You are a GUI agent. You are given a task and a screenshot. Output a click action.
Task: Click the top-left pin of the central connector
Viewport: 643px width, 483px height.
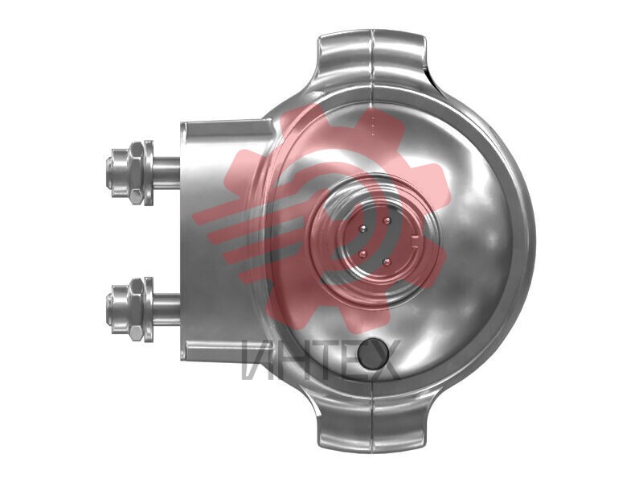point(363,229)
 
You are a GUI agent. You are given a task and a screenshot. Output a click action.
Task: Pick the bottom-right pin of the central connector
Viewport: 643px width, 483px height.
point(385,261)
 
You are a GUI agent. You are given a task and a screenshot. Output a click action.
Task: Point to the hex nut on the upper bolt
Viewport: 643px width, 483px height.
point(136,172)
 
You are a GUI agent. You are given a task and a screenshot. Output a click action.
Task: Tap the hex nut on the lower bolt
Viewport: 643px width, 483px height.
point(136,310)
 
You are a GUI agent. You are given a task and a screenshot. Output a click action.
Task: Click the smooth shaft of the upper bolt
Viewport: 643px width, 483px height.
point(166,172)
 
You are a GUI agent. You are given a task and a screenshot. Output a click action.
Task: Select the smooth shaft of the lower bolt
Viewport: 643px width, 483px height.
point(166,309)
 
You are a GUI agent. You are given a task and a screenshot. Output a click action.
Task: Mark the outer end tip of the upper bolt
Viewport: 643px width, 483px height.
point(108,172)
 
